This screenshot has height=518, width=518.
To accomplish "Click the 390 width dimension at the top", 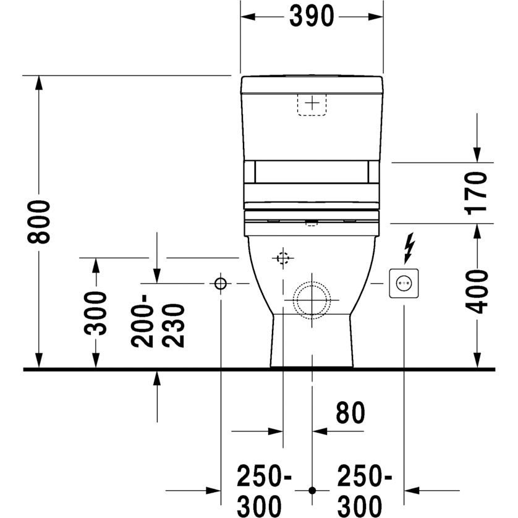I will (312, 17).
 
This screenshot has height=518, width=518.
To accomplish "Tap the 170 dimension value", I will (478, 192).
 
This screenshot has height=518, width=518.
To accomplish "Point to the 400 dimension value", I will (478, 291).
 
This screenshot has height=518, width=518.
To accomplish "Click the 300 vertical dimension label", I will (96, 312).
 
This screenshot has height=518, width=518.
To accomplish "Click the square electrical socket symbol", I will (403, 284).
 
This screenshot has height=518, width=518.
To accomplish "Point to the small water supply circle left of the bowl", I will (221, 284).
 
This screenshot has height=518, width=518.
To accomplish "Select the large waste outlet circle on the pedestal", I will (312, 299).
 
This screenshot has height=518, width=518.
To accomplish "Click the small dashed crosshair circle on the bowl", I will (283, 258).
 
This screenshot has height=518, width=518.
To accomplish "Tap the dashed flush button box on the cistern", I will (313, 103).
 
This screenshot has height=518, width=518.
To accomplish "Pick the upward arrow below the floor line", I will (158, 379).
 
